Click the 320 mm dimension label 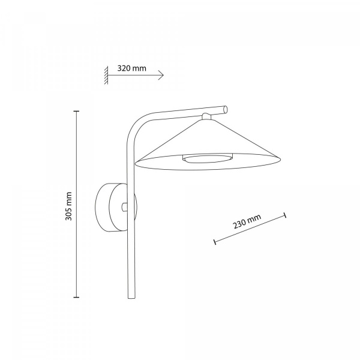pyautogui.click(x=131, y=68)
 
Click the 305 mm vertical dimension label pyautogui.click(x=68, y=206)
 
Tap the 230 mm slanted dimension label pyautogui.click(x=247, y=221)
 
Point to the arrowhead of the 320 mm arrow pyautogui.click(x=161, y=75)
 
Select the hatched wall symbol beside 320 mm pyautogui.click(x=106, y=75)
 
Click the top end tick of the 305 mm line pyautogui.click(x=76, y=111)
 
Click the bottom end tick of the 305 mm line pyautogui.click(x=76, y=298)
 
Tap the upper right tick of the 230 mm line pyautogui.click(x=285, y=215)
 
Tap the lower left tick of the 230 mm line pyautogui.click(x=215, y=242)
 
